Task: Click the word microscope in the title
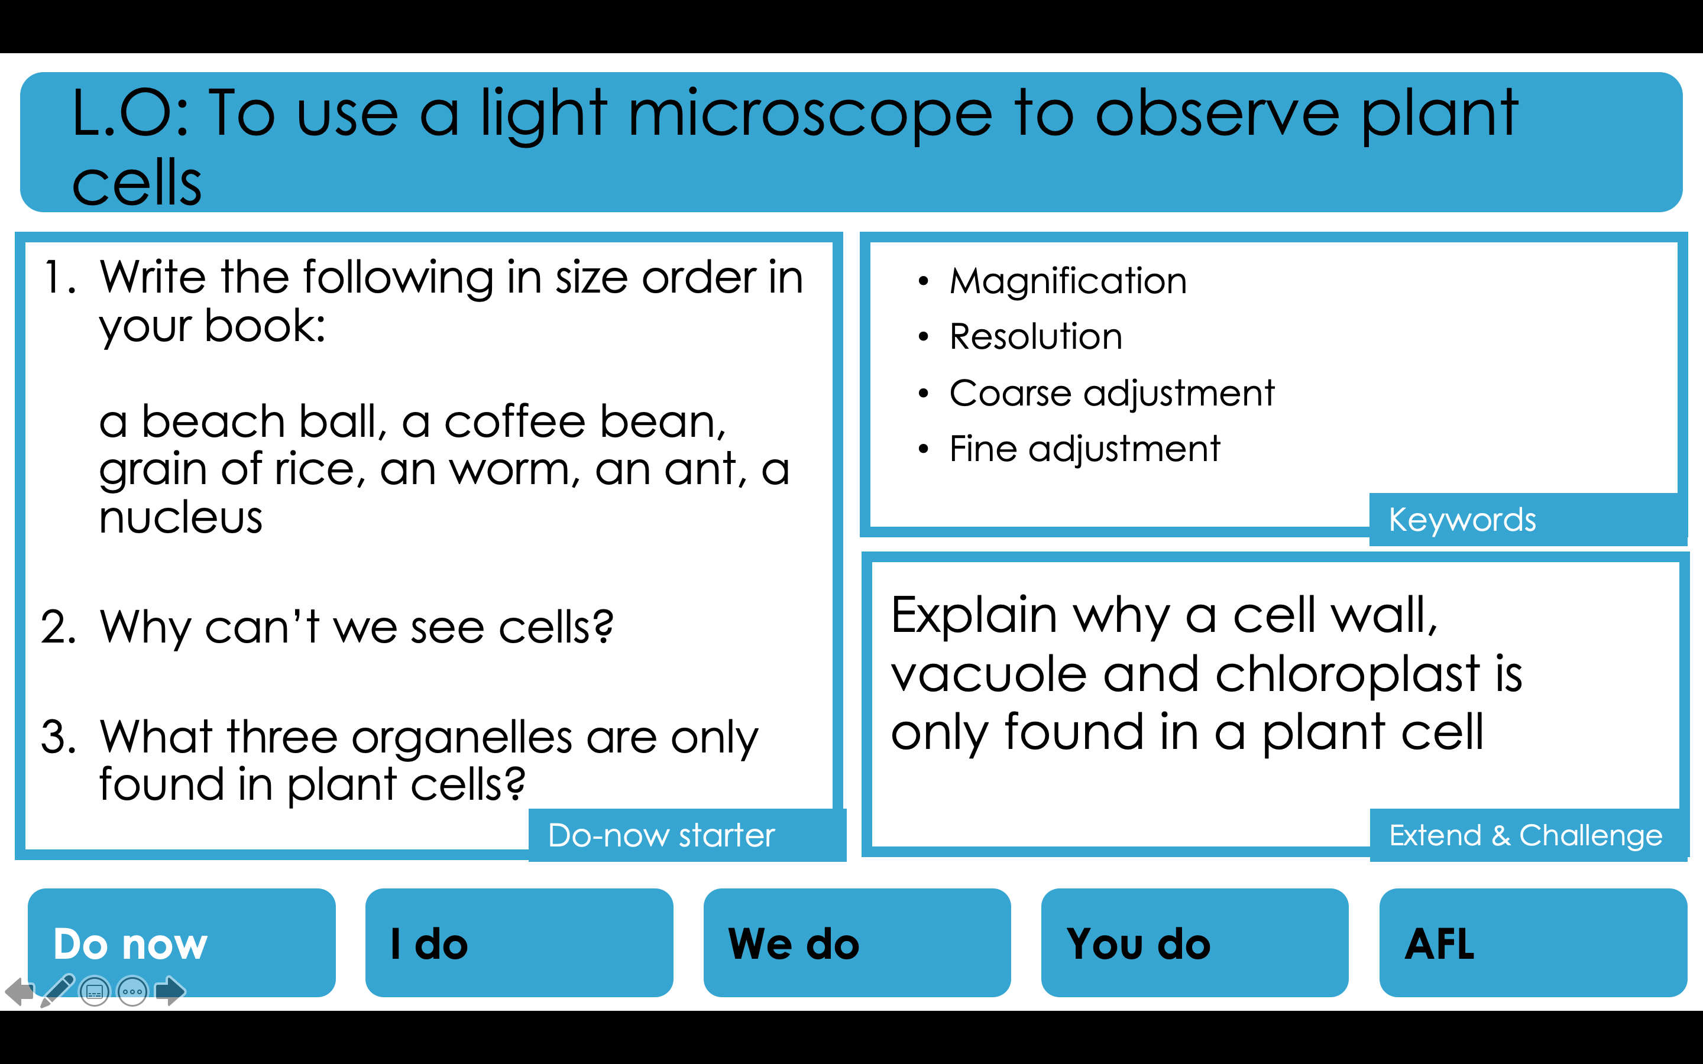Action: [810, 114]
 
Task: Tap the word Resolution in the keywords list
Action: [1035, 336]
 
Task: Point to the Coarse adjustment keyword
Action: [1112, 392]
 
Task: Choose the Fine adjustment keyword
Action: [1084, 449]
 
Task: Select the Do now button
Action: [182, 942]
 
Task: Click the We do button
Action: [857, 942]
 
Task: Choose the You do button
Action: [1195, 942]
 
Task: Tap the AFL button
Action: [1533, 942]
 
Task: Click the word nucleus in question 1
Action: [180, 518]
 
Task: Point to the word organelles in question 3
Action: [462, 738]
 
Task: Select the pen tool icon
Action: [58, 990]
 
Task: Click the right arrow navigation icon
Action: [170, 991]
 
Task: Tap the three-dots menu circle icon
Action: [132, 991]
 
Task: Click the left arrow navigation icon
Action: [20, 991]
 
